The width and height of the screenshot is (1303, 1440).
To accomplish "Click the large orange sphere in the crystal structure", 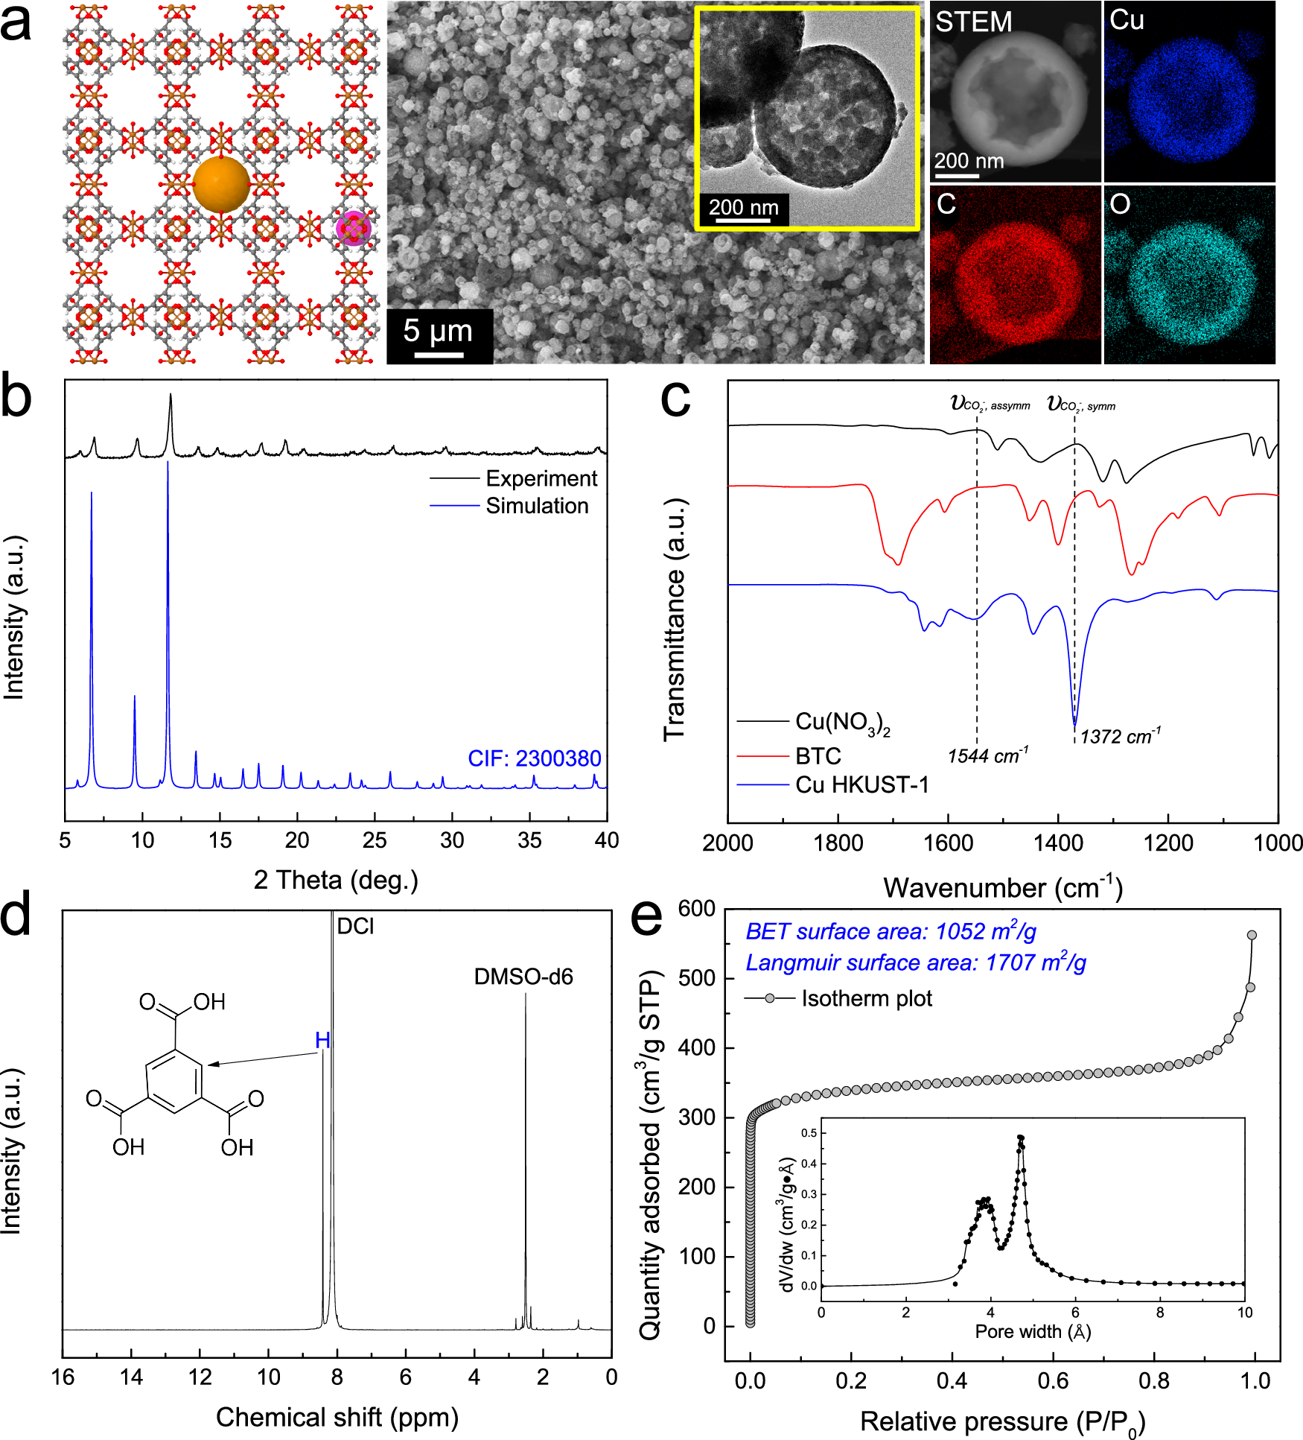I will pyautogui.click(x=221, y=185).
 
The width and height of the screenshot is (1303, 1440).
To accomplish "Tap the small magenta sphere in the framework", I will pyautogui.click(x=352, y=229).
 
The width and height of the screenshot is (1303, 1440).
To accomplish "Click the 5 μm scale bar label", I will pyautogui.click(x=438, y=331).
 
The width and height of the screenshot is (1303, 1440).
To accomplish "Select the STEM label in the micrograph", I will pyautogui.click(x=973, y=22).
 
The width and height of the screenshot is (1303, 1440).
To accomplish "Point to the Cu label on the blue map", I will pyautogui.click(x=1127, y=20).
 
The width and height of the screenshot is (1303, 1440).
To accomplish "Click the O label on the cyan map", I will pyautogui.click(x=1120, y=204).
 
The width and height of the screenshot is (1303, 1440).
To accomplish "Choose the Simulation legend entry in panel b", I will pyautogui.click(x=537, y=506).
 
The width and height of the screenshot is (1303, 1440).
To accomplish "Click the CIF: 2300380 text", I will pyautogui.click(x=534, y=758).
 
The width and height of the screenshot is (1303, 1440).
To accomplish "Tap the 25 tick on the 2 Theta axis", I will pyautogui.click(x=374, y=841).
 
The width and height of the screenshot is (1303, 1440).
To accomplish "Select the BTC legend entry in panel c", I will pyautogui.click(x=818, y=756).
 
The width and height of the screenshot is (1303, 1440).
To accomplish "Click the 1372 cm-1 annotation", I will pyautogui.click(x=1120, y=737).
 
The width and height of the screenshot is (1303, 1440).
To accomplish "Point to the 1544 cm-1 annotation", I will pyautogui.click(x=987, y=756).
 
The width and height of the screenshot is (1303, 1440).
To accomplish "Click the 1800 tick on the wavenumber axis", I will pyautogui.click(x=838, y=843).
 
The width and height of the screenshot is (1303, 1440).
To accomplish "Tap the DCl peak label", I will pyautogui.click(x=355, y=926).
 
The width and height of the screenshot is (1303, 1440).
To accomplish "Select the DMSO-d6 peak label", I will pyautogui.click(x=523, y=977).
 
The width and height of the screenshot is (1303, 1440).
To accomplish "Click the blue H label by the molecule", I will pyautogui.click(x=322, y=1040).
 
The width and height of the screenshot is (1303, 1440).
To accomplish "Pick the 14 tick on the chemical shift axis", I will pyautogui.click(x=131, y=1377).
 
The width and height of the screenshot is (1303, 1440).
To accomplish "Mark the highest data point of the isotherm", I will pyautogui.click(x=1252, y=935).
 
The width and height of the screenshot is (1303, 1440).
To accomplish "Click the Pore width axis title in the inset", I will pyautogui.click(x=1033, y=1331).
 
